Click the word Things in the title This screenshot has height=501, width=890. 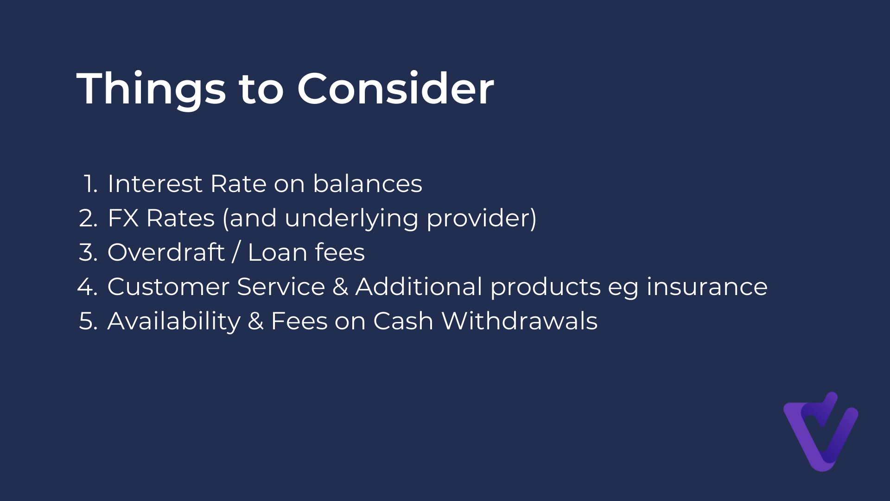click(151, 89)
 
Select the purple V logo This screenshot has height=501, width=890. click(820, 431)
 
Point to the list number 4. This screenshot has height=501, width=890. click(88, 286)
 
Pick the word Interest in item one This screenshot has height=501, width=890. click(155, 183)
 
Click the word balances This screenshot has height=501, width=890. click(368, 183)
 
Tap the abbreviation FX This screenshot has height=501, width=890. click(123, 218)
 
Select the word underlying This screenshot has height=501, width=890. click(351, 218)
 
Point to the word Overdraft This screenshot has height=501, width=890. click(166, 252)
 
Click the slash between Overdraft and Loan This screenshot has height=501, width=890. click(236, 252)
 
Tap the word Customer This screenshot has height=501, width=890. click(168, 286)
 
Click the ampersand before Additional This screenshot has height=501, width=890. click(340, 286)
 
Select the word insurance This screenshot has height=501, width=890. click(707, 286)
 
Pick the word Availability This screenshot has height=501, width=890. click(174, 321)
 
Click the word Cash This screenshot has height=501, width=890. click(403, 321)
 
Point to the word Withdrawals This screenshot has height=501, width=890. click(520, 321)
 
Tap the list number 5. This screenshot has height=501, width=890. click(88, 321)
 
